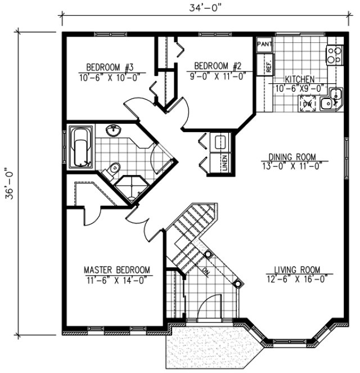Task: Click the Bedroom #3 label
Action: pyautogui.click(x=110, y=68)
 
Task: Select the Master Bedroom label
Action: pyautogui.click(x=117, y=269)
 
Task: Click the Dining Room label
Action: pyautogui.click(x=292, y=157)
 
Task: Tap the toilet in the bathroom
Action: pyautogui.click(x=114, y=167)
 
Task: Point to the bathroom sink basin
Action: pyautogui.click(x=114, y=130)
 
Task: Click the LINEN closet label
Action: pyautogui.click(x=224, y=162)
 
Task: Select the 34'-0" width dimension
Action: pyautogui.click(x=204, y=8)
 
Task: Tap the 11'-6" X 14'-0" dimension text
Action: pyautogui.click(x=117, y=278)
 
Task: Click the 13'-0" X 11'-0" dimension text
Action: pyautogui.click(x=292, y=167)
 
